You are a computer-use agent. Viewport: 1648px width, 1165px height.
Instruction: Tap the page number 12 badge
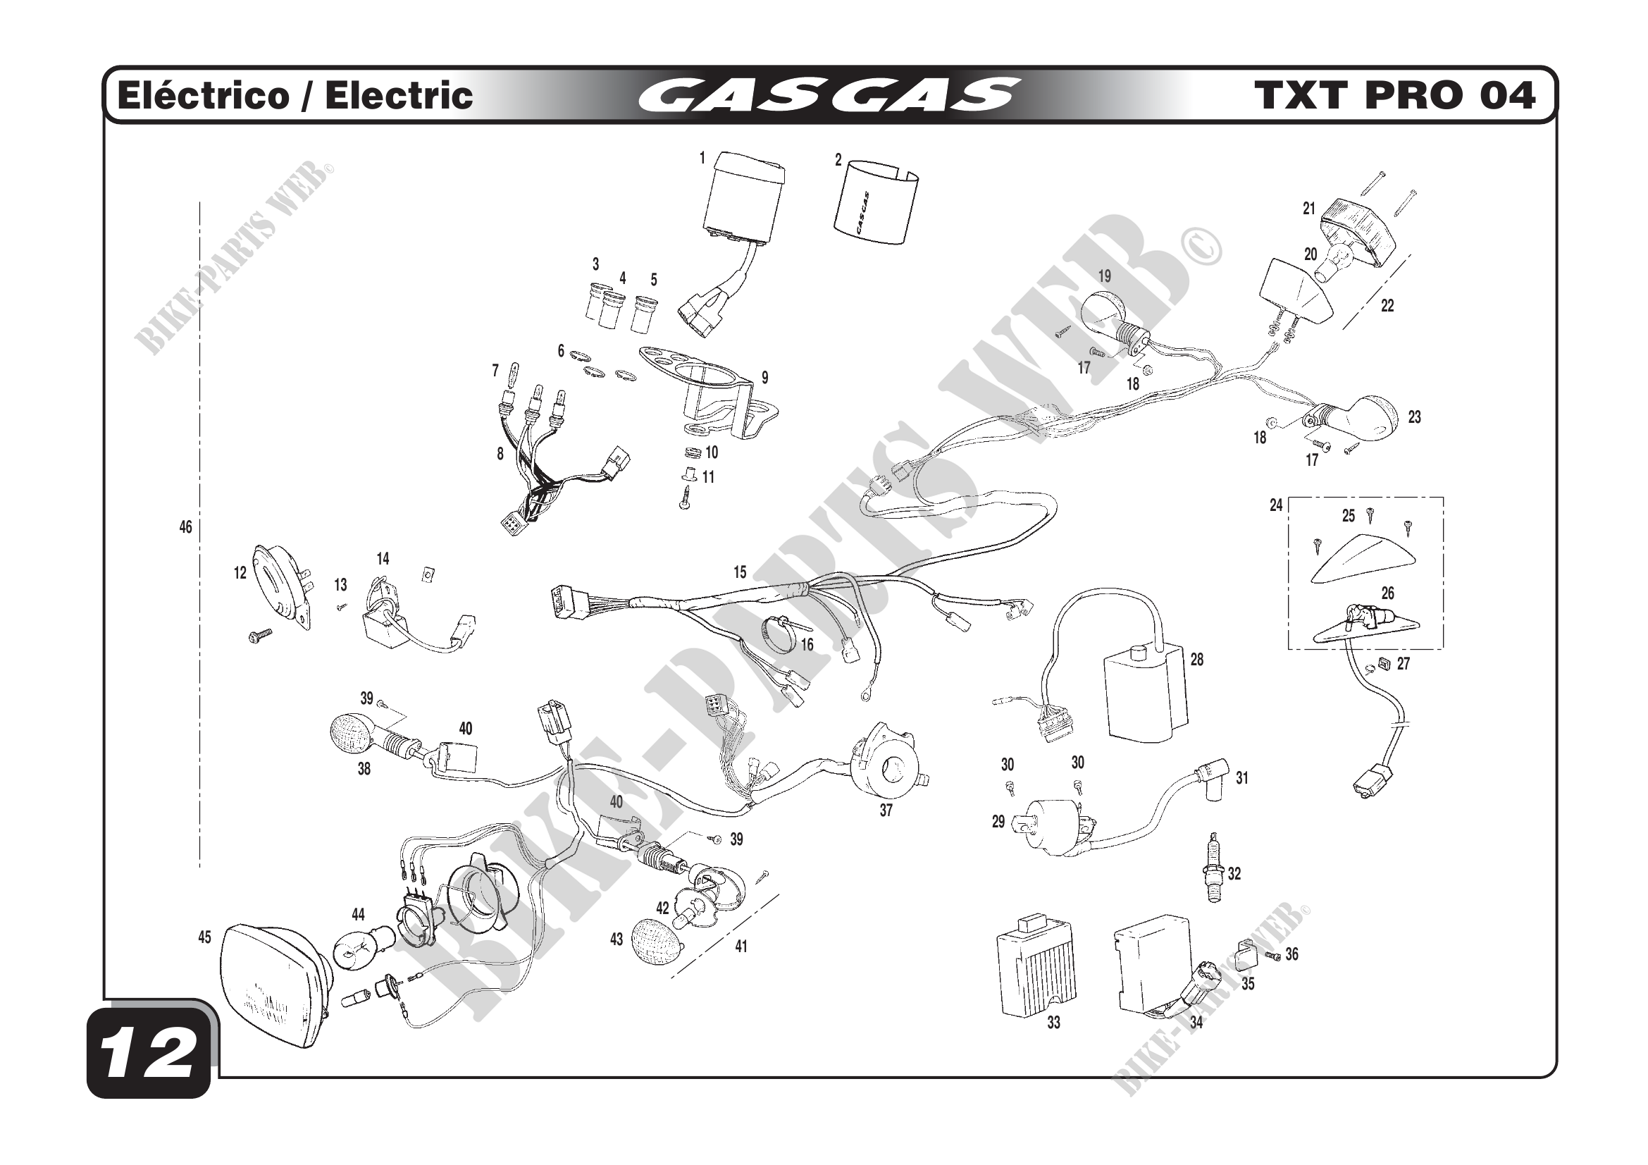[x=149, y=1054]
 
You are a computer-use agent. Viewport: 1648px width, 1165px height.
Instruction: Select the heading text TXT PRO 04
[x=1394, y=95]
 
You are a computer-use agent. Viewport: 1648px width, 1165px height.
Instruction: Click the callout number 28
[x=1196, y=659]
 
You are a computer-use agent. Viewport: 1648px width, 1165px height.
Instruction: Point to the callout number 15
[x=740, y=572]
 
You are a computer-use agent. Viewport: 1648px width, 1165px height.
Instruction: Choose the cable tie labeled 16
[x=781, y=632]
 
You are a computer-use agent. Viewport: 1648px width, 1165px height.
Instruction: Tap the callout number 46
[x=186, y=528]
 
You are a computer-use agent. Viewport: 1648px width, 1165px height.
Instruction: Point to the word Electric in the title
[x=399, y=95]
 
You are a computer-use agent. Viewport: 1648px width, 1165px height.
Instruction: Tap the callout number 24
[x=1275, y=505]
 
